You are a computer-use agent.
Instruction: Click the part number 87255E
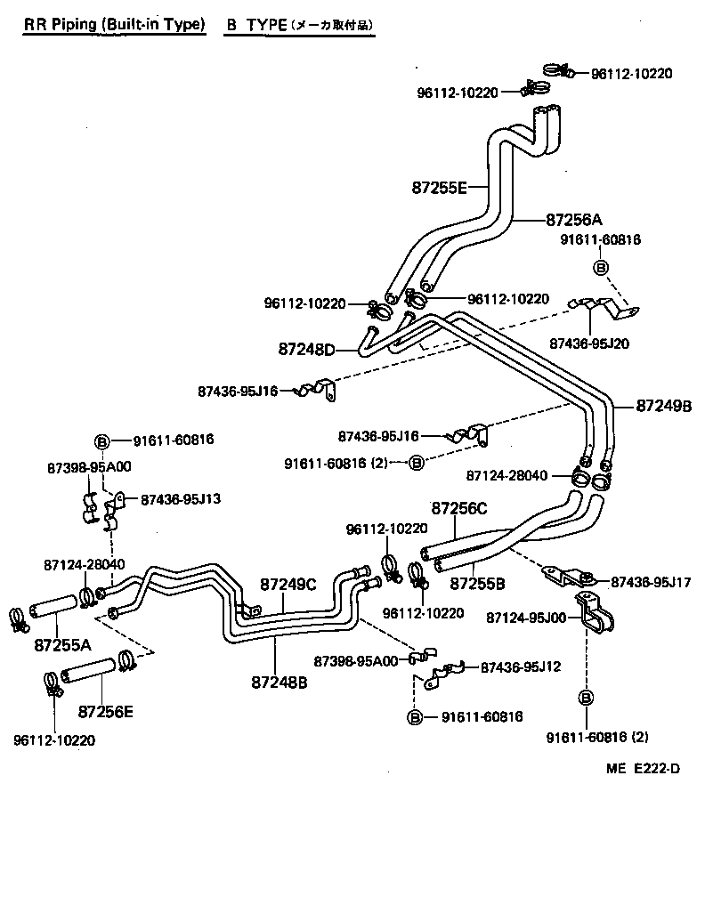440,188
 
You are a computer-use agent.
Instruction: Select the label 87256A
574,219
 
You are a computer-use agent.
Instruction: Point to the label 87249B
664,406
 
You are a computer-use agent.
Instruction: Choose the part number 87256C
459,508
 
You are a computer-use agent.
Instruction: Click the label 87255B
477,584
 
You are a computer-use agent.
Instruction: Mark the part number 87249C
288,584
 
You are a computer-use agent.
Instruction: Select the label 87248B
279,683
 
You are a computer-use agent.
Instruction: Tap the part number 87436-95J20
588,343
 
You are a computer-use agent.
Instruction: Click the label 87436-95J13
180,499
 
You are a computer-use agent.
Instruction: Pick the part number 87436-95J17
651,582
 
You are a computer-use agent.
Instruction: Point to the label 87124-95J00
527,617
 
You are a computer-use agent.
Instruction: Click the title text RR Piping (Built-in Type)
113,25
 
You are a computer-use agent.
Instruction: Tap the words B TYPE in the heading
255,25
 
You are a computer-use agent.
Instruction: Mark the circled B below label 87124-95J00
587,697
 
